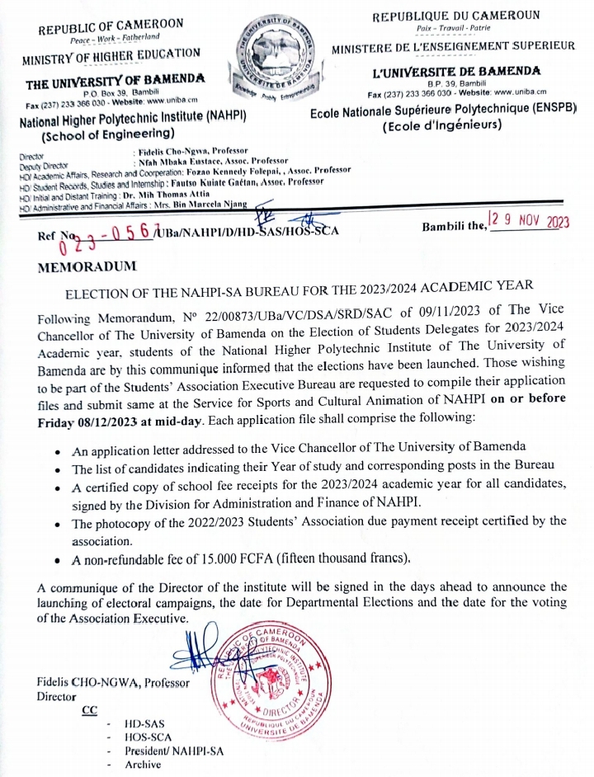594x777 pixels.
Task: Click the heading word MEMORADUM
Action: pos(82,266)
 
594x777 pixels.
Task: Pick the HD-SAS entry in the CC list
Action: pos(144,724)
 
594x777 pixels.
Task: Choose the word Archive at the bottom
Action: pos(143,765)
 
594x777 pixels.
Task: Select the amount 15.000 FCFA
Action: pos(226,558)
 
